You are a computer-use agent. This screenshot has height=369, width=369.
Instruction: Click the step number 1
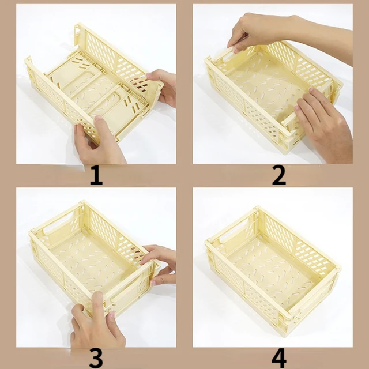pyautogui.click(x=96, y=175)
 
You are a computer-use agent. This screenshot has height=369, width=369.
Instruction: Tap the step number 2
pyautogui.click(x=278, y=175)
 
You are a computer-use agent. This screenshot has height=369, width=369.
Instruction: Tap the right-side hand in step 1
pyautogui.click(x=163, y=86)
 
